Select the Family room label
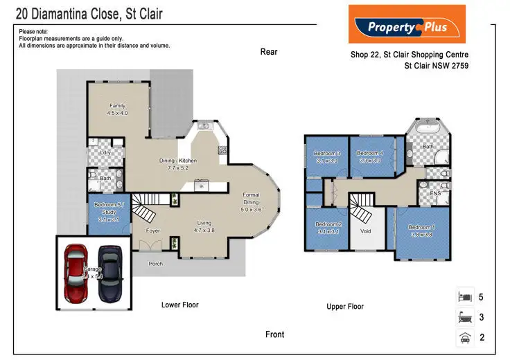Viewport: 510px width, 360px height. [x=117, y=109]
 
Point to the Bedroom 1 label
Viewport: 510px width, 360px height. [x=421, y=231]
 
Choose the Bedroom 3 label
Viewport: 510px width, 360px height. [x=327, y=156]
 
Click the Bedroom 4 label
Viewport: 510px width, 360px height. [x=370, y=156]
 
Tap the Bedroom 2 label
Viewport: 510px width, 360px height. [x=328, y=228]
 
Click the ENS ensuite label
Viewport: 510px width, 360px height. [x=435, y=193]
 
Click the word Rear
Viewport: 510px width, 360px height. [x=269, y=52]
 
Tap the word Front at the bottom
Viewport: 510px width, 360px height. [x=274, y=334]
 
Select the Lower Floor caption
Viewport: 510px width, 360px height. [x=180, y=305]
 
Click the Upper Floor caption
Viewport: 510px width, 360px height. [x=345, y=306]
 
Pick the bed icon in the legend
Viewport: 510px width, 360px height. [x=465, y=297]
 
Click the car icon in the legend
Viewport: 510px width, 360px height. [x=465, y=338]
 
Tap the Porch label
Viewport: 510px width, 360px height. [x=155, y=263]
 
